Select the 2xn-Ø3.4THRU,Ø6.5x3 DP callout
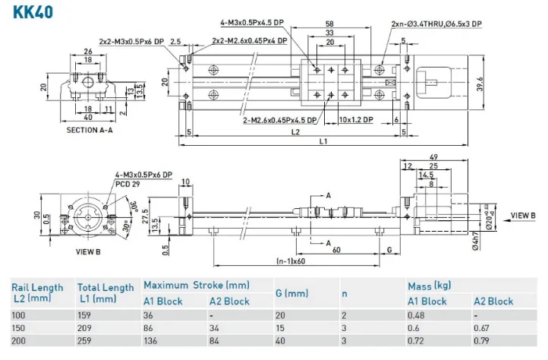436,24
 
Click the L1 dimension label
323,141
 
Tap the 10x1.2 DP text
357,119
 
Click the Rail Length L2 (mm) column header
37,292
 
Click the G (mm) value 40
282,341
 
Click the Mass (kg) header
430,286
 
